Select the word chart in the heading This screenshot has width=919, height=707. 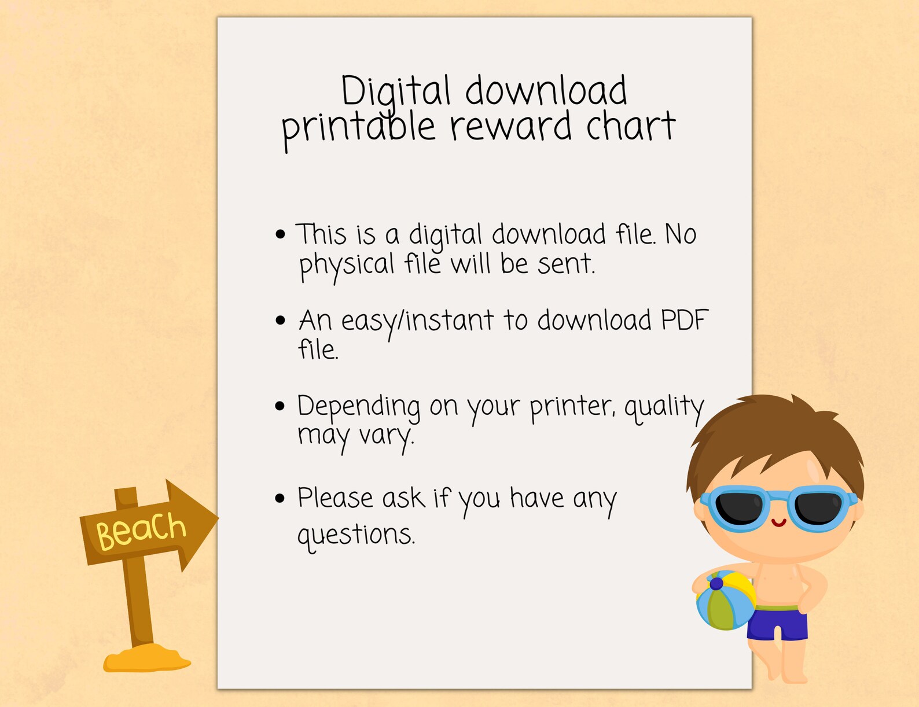(630, 127)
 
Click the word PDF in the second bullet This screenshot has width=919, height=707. (685, 320)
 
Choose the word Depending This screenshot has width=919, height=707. (359, 407)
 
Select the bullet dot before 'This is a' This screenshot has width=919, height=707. (281, 234)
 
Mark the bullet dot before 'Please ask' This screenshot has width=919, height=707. (281, 498)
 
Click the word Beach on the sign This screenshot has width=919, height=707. (141, 530)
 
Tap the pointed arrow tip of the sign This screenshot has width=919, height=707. (215, 518)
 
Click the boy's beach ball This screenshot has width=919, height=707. (725, 601)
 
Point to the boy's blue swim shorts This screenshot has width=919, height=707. (777, 623)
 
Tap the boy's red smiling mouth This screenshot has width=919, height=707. (778, 523)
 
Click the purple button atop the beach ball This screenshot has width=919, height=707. (716, 583)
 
